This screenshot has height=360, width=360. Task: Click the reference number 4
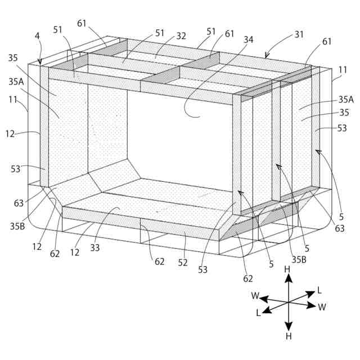point(37,36)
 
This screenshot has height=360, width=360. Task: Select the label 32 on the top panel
point(181,36)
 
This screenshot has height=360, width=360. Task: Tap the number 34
point(248,40)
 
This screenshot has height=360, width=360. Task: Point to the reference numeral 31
point(299,34)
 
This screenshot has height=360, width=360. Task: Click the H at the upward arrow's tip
point(287,270)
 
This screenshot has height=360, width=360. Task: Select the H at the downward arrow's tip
point(288,336)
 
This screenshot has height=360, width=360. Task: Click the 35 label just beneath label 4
point(13,58)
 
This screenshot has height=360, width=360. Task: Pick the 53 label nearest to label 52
point(202,270)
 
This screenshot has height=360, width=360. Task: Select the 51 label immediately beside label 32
point(160,33)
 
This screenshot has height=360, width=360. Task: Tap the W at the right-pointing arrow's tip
point(322,307)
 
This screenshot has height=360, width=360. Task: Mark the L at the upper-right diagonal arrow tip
point(319,290)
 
